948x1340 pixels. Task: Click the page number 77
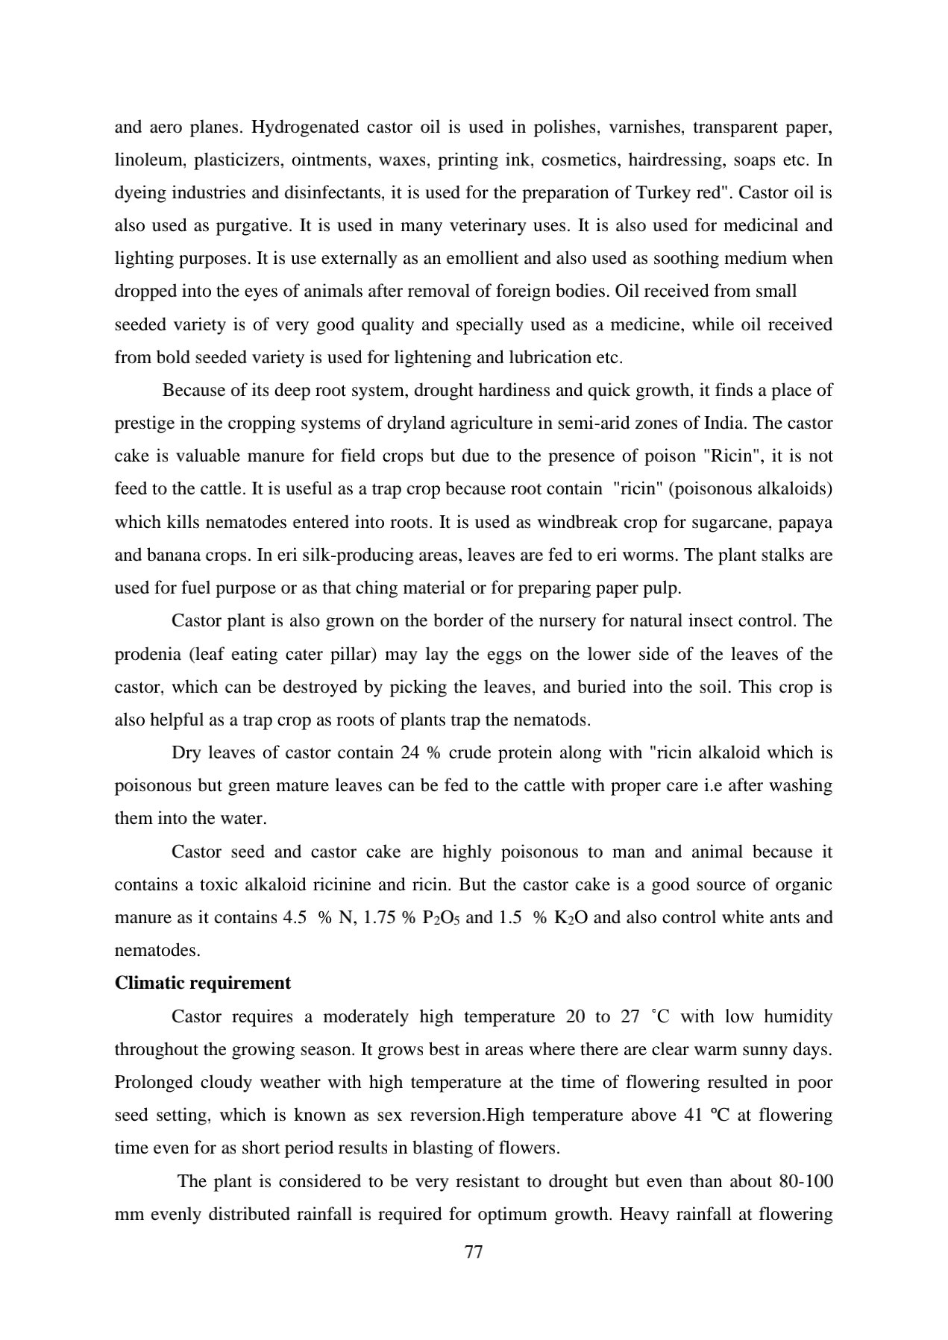pos(474,1252)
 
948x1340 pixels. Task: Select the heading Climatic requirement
pos(202,983)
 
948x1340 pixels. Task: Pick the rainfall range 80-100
pos(806,1181)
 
